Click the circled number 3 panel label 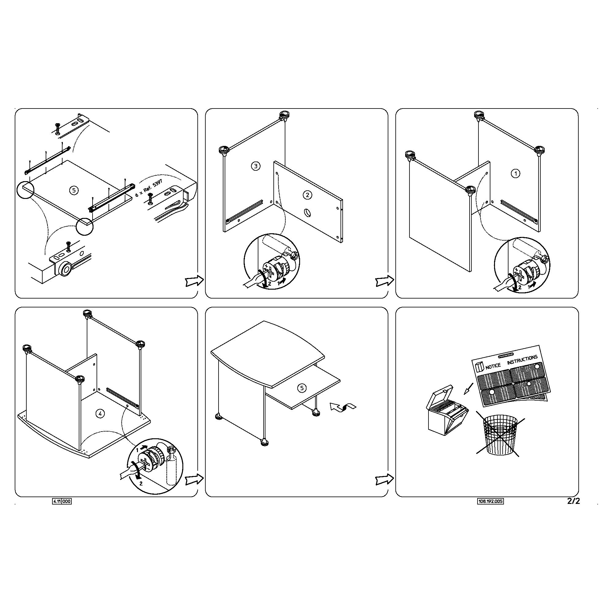256,166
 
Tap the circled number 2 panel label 307,195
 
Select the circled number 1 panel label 516,173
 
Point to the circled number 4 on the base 100,413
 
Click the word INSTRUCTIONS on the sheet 522,360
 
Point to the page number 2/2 573,501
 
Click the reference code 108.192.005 490,501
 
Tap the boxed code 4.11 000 62,501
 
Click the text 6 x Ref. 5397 149,188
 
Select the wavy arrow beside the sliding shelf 343,407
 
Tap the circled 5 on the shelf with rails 74,190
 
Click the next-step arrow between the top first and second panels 194,280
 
